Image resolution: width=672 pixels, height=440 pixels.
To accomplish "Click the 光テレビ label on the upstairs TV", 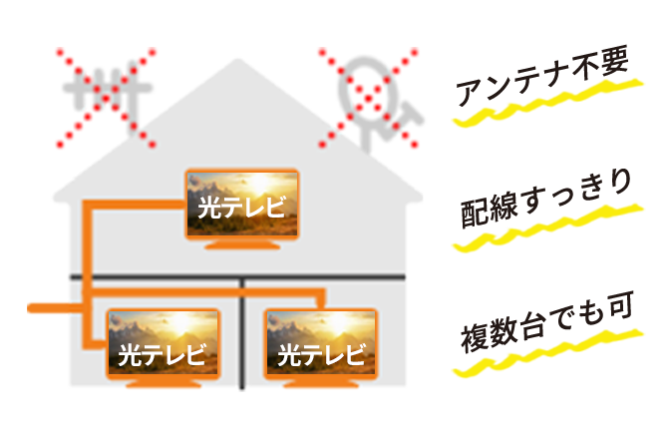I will point(242,209).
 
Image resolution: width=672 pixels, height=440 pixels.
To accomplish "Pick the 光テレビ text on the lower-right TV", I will point(321,354).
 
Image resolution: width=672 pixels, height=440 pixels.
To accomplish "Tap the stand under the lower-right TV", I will point(321,385).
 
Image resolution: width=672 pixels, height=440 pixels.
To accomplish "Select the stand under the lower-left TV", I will point(160,385).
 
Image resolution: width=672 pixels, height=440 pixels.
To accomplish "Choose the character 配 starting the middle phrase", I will point(475,212).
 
